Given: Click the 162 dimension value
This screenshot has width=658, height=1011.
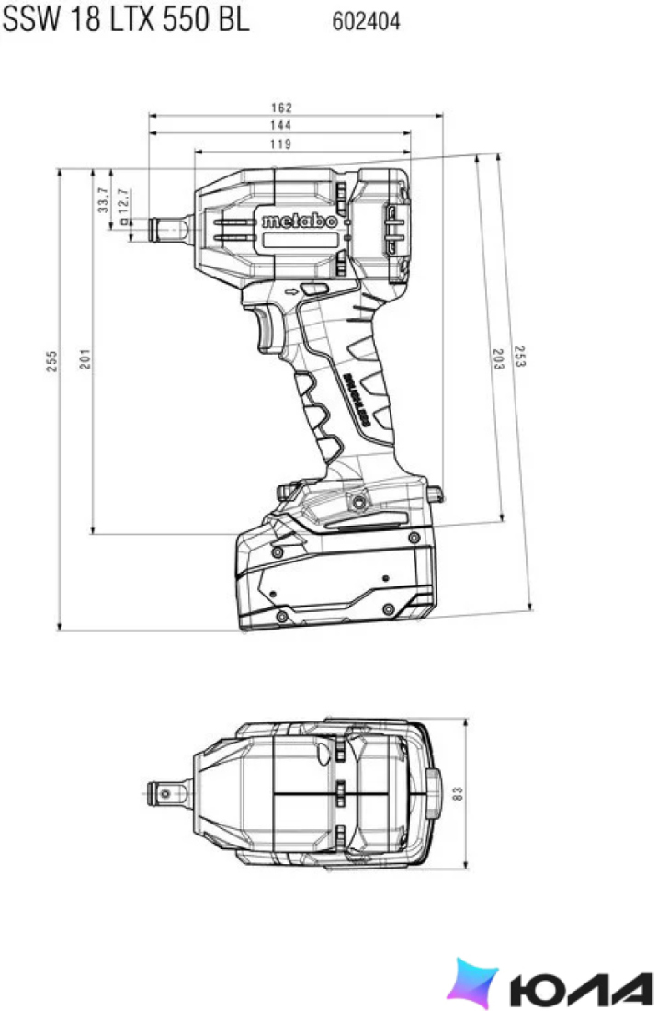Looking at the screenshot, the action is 281,108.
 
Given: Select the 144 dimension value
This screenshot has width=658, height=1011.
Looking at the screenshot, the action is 280,125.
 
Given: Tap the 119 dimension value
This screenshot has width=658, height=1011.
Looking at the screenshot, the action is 280,143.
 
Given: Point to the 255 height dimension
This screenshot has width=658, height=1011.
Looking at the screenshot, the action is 52,361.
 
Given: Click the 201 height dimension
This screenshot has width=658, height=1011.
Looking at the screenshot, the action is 85,359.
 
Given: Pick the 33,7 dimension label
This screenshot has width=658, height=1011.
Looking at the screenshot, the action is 103,200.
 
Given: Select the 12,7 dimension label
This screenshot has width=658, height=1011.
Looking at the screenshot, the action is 122,201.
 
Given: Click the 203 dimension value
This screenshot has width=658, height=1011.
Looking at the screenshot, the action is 498,359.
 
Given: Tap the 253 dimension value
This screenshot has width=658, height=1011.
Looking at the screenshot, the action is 519,357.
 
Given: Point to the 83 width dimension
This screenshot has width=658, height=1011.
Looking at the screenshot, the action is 459,793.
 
